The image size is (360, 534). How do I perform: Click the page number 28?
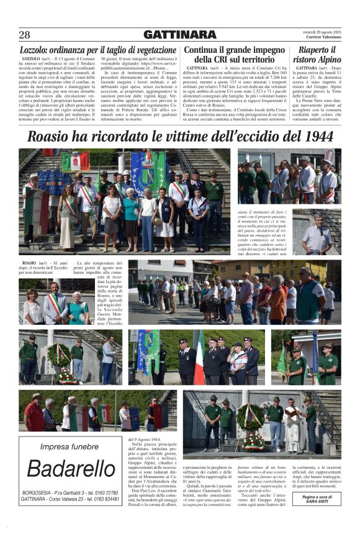click(x=25, y=35)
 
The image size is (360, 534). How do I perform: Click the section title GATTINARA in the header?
click(x=180, y=35)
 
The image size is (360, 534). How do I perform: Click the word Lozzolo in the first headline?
click(x=38, y=50)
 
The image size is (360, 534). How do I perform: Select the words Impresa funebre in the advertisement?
click(x=69, y=446)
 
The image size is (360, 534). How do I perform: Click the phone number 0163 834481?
click(x=102, y=499)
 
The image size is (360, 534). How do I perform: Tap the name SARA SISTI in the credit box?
click(x=318, y=501)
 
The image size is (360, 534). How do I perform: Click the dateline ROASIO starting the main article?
click(x=29, y=263)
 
